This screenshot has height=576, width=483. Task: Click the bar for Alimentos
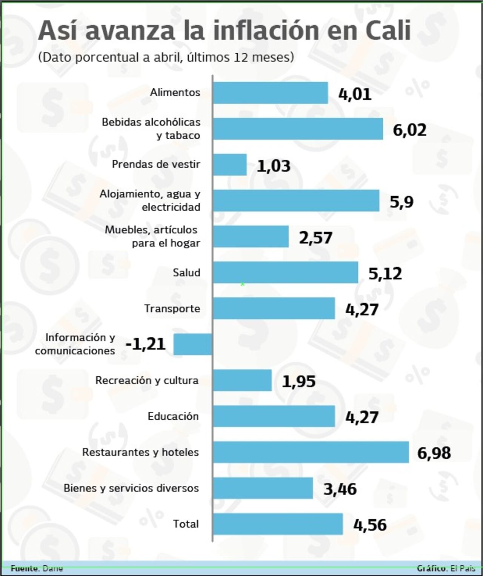coord(270,93)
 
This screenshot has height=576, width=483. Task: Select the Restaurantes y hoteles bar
coord(311,452)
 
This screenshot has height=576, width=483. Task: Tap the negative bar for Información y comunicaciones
coord(193,344)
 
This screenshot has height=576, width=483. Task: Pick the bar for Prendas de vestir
coord(230,165)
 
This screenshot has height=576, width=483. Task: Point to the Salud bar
coord(285,272)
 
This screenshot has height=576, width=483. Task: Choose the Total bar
coord(278,524)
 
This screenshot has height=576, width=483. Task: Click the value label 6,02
coord(409,130)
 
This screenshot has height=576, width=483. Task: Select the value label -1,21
coord(146,344)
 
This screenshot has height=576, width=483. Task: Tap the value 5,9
coord(401,202)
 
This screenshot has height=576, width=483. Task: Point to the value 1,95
coord(298,381)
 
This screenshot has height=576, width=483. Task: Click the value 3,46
coord(340,489)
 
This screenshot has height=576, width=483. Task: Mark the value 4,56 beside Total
coord(370,525)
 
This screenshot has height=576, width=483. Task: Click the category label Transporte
coord(172,308)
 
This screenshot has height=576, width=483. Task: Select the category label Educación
coord(173,416)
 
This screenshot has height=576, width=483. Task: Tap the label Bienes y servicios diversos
coord(131,488)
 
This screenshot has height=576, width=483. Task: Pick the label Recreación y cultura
coord(147,380)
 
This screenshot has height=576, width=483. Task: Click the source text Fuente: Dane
coord(37,568)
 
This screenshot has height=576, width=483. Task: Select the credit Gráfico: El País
coord(446,568)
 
